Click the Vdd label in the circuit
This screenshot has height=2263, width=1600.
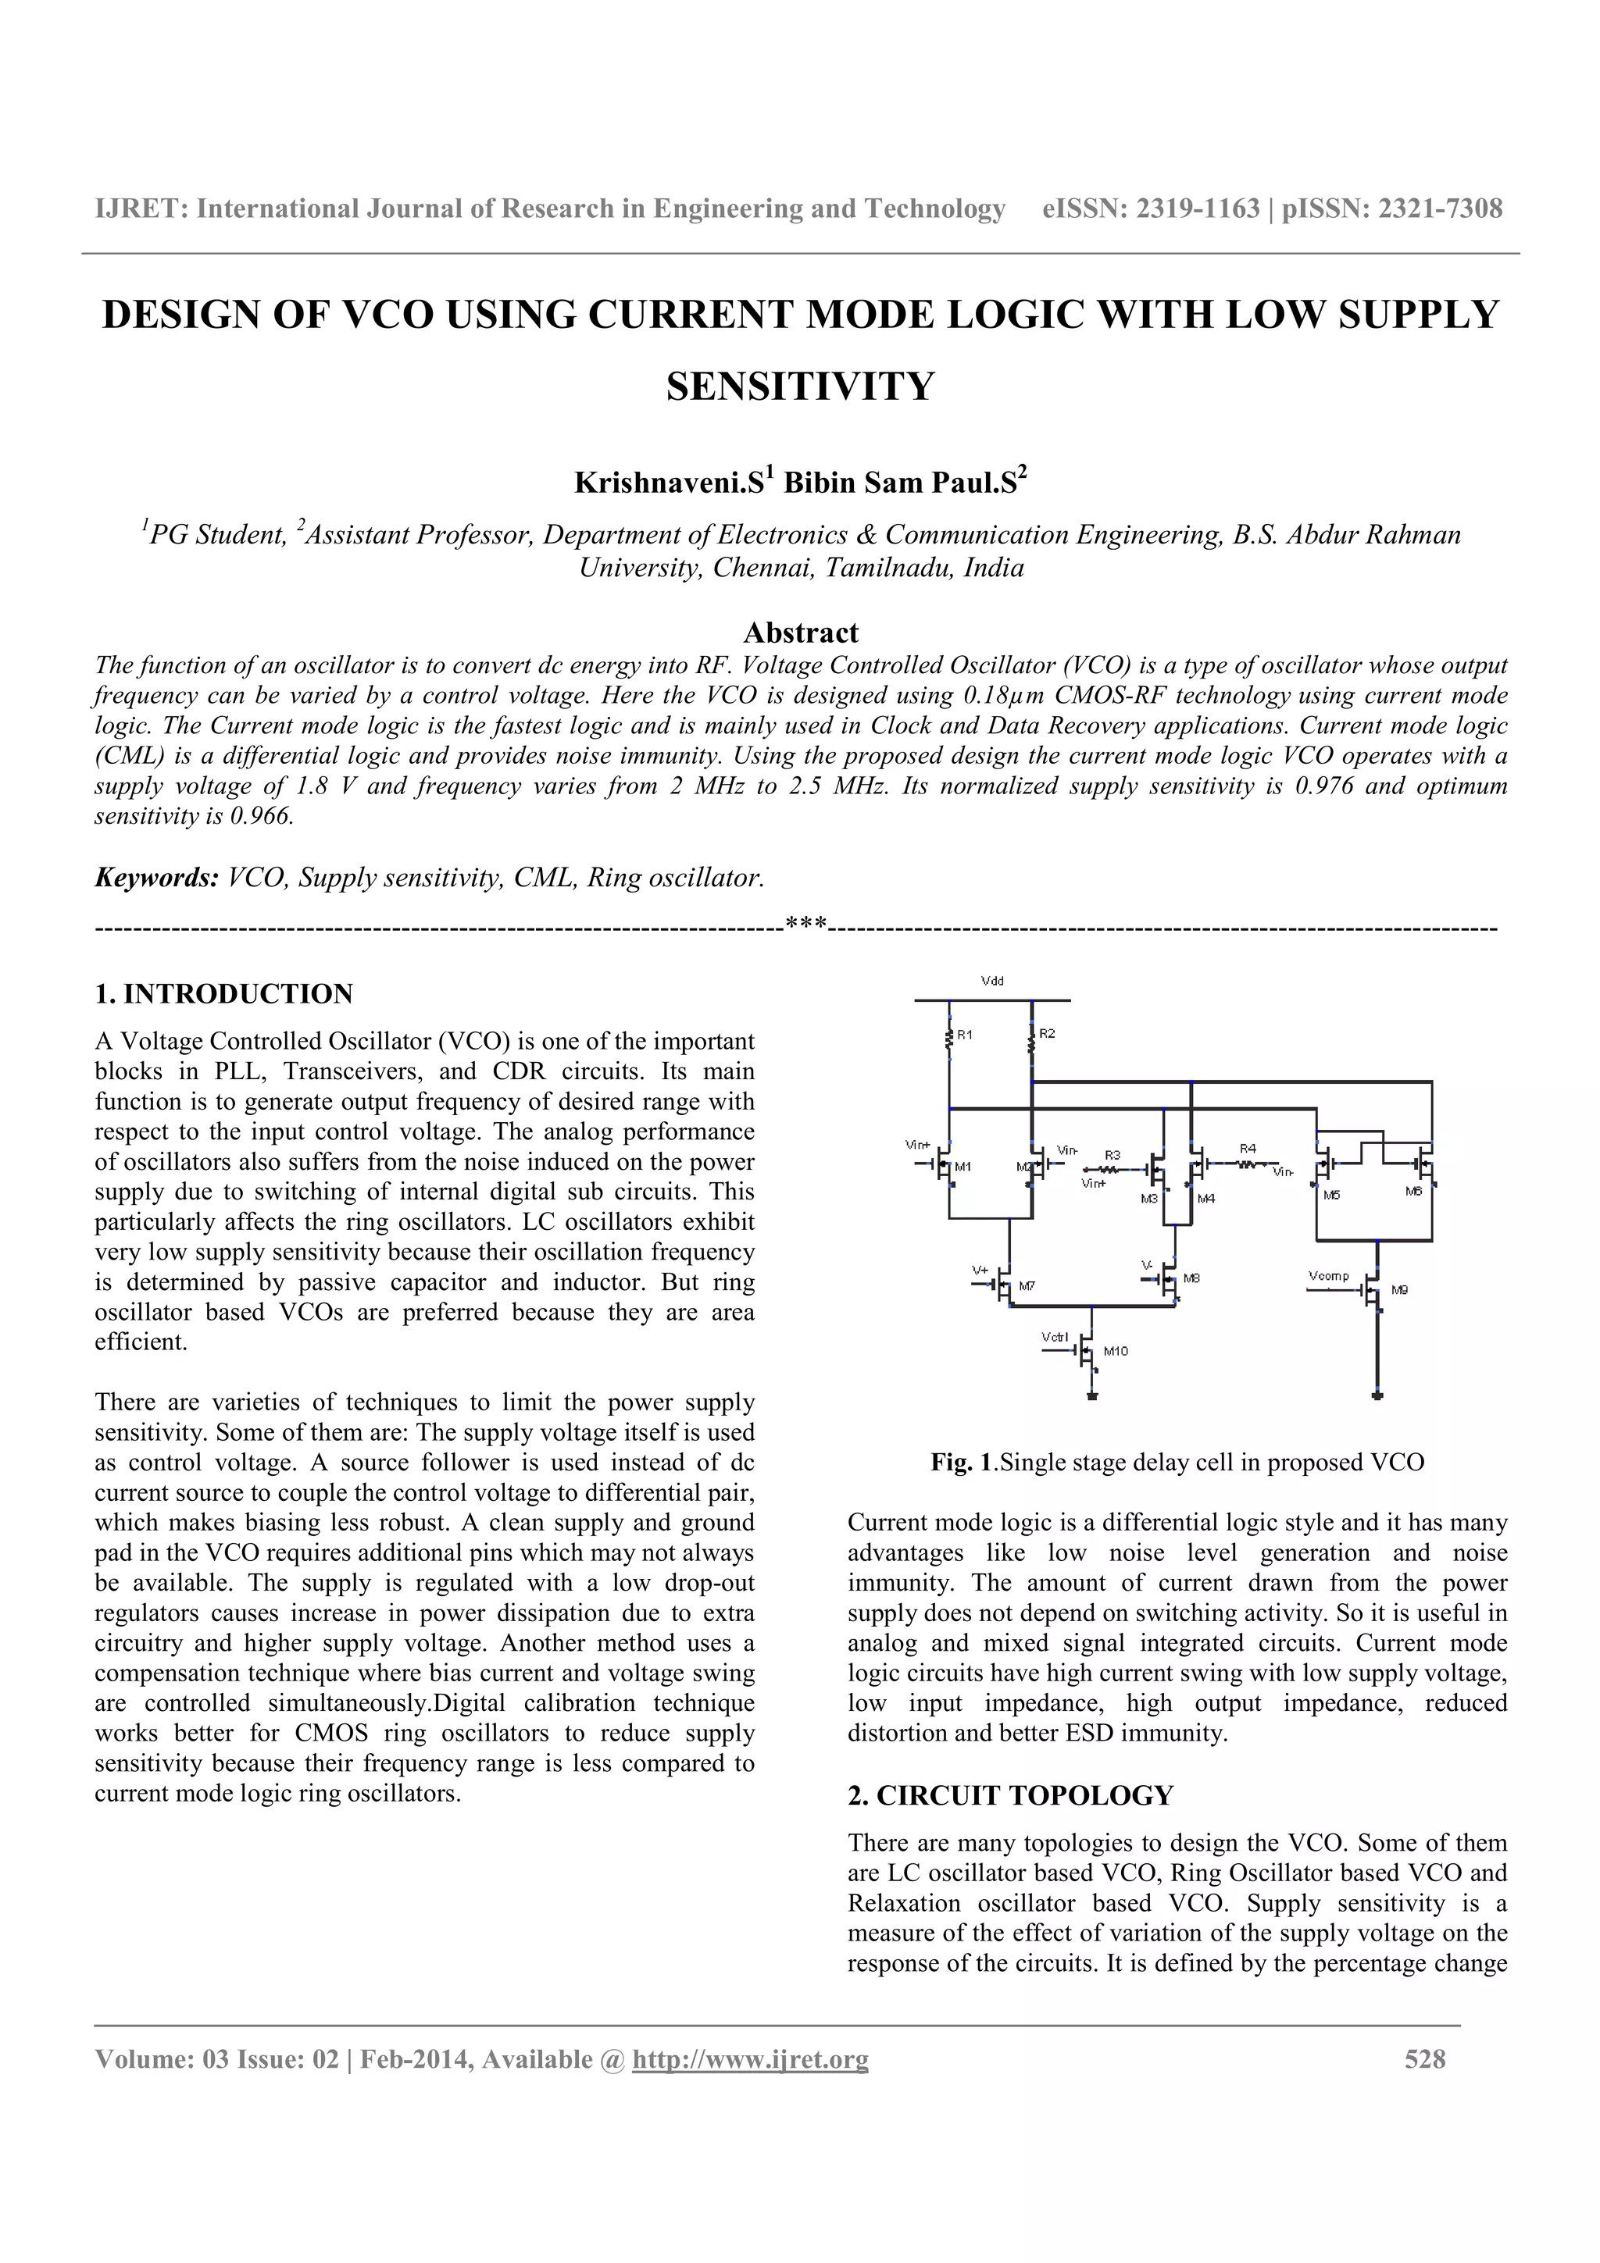(x=991, y=981)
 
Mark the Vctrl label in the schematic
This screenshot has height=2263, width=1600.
(x=1054, y=1338)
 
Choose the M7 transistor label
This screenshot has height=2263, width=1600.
(x=1027, y=1286)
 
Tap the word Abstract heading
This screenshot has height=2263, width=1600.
(x=801, y=632)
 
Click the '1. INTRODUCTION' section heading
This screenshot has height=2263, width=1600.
(x=223, y=993)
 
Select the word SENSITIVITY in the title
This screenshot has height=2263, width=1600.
(x=799, y=386)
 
